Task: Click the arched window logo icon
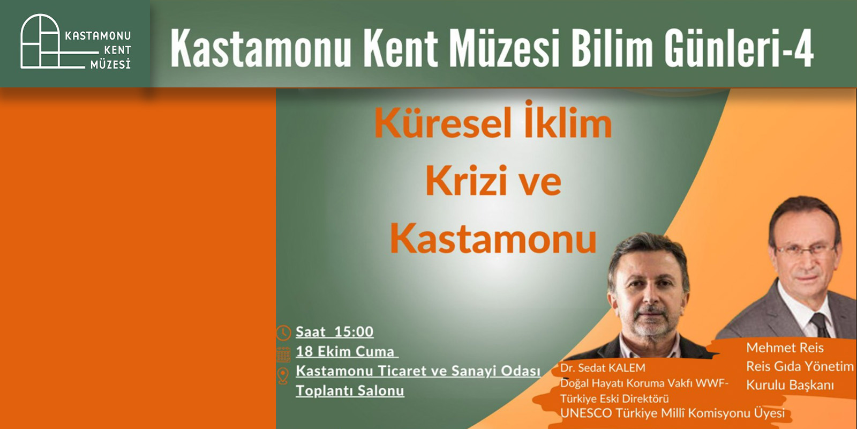coord(41,41)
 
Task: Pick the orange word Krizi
coord(465,180)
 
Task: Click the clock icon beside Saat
coord(283,332)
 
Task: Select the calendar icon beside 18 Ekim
coord(283,354)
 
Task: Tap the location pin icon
coord(283,376)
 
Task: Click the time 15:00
coord(354,332)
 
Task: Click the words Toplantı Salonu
coord(350,391)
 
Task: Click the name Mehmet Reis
coord(785,347)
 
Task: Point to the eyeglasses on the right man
coord(807,252)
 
